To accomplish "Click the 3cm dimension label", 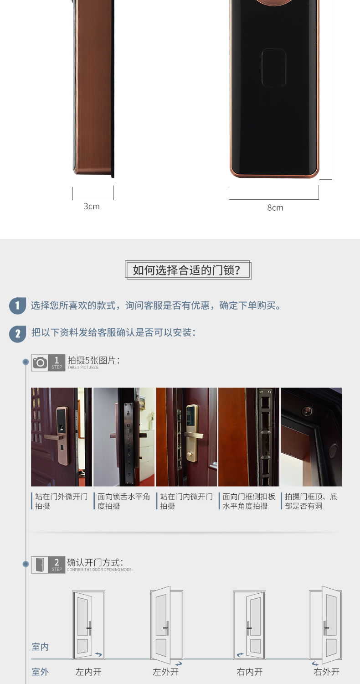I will [92, 206].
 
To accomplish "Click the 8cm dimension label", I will [275, 207].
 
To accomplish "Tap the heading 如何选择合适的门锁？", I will [188, 270].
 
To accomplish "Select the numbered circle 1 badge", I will [17, 306].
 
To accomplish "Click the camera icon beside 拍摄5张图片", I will [40, 363].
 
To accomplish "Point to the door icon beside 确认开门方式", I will [40, 565].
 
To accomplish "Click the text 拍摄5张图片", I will [93, 360].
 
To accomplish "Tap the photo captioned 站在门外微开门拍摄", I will [61, 436].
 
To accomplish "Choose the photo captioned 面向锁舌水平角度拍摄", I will [124, 436].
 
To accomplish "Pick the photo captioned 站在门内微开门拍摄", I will [186, 436].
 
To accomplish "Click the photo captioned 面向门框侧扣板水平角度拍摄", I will [249, 436].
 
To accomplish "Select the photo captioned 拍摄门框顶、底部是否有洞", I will [311, 436].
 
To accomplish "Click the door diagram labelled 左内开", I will [88, 625].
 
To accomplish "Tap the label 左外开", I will [165, 672].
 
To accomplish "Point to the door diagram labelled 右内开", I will [249, 625].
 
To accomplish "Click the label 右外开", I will [326, 672].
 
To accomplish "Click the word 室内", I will [40, 647].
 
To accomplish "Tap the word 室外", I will [40, 672].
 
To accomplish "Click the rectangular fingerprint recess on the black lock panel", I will [274, 68].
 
